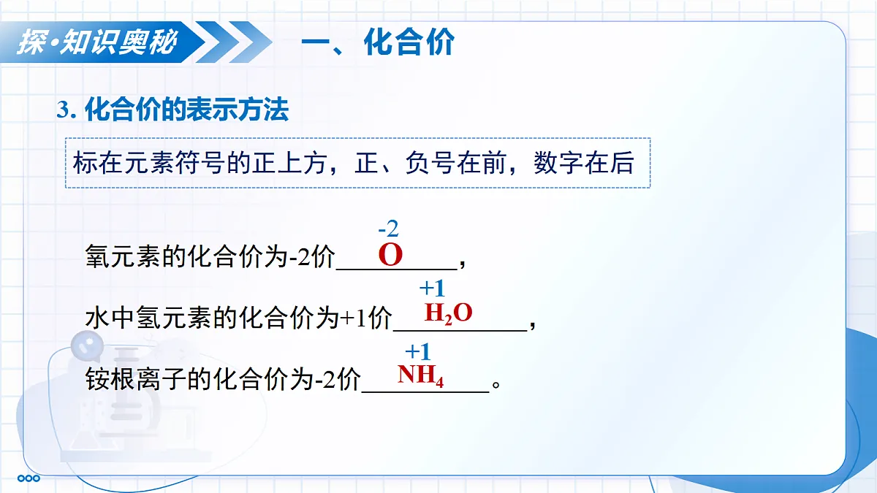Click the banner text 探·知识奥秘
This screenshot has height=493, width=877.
point(97,42)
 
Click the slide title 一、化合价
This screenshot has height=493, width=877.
point(378,42)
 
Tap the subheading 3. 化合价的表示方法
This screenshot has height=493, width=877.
point(173,110)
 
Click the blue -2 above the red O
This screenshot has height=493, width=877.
point(388,229)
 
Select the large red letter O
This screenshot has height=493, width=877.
point(391,256)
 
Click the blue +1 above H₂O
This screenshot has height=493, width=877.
point(431,288)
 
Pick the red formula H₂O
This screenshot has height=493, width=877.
point(449,313)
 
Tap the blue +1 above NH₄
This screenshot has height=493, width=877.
point(418,351)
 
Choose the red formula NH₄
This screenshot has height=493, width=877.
point(421,375)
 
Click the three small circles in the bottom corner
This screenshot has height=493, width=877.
point(29,478)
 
